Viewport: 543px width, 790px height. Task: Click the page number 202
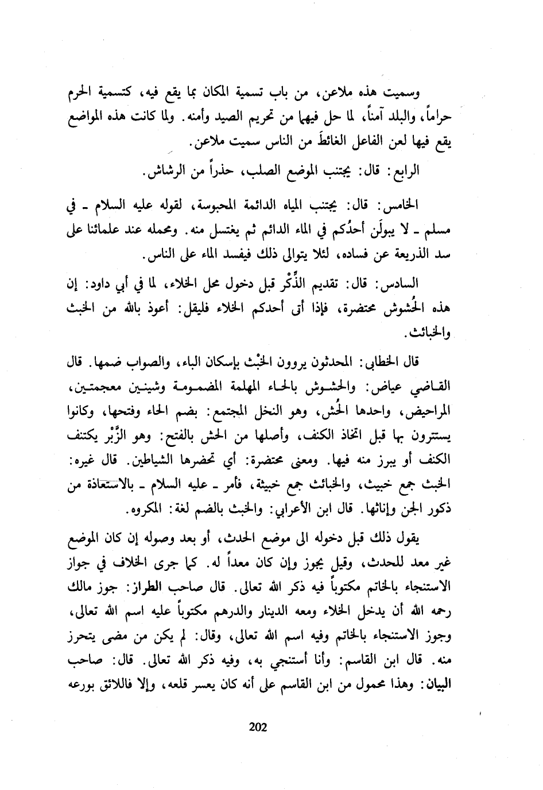[x=258, y=728]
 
